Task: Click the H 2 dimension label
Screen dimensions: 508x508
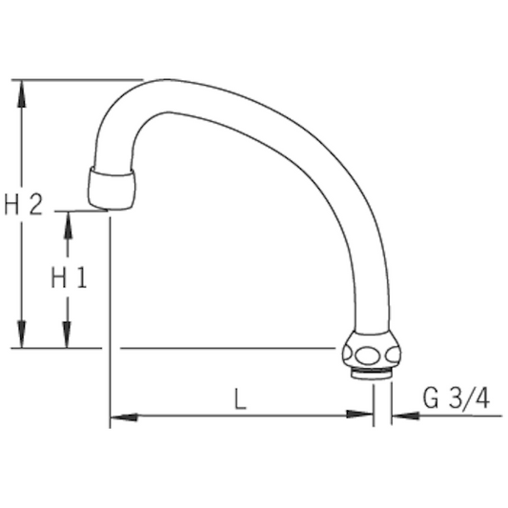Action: (24, 205)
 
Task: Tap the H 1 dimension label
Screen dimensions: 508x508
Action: (68, 278)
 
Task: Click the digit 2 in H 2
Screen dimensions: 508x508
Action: (35, 205)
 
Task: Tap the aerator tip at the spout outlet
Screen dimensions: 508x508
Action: (110, 188)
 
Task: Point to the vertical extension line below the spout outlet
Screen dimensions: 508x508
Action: (110, 315)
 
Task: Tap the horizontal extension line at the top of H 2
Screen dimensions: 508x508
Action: (76, 79)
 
